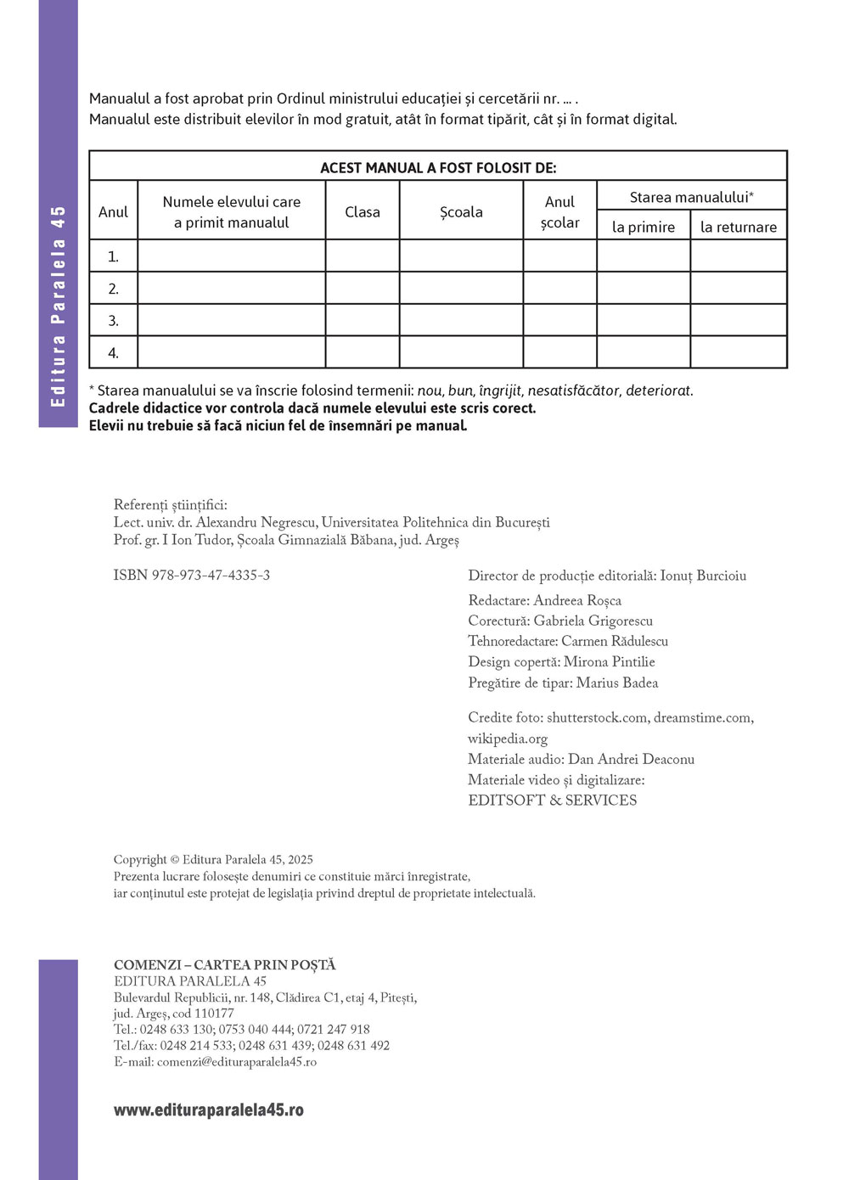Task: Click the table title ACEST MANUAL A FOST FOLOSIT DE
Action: pos(438,167)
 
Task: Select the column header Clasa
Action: pos(363,212)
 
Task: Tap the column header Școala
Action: pos(461,212)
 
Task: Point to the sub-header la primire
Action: pos(644,227)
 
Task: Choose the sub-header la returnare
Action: pos(739,227)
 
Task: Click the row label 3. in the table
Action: pos(114,321)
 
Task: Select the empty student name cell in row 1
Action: pos(232,256)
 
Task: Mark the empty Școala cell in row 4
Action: pos(461,352)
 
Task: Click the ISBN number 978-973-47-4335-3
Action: pos(211,576)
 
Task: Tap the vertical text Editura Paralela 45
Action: pos(58,306)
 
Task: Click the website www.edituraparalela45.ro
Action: pos(209,1110)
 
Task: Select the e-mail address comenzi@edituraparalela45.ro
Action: pos(237,1062)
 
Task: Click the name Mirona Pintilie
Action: pos(610,662)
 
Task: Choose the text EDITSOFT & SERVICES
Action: pos(552,801)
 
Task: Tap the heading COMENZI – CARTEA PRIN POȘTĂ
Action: pos(225,965)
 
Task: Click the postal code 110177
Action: pos(214,1014)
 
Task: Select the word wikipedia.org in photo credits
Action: pos(508,739)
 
